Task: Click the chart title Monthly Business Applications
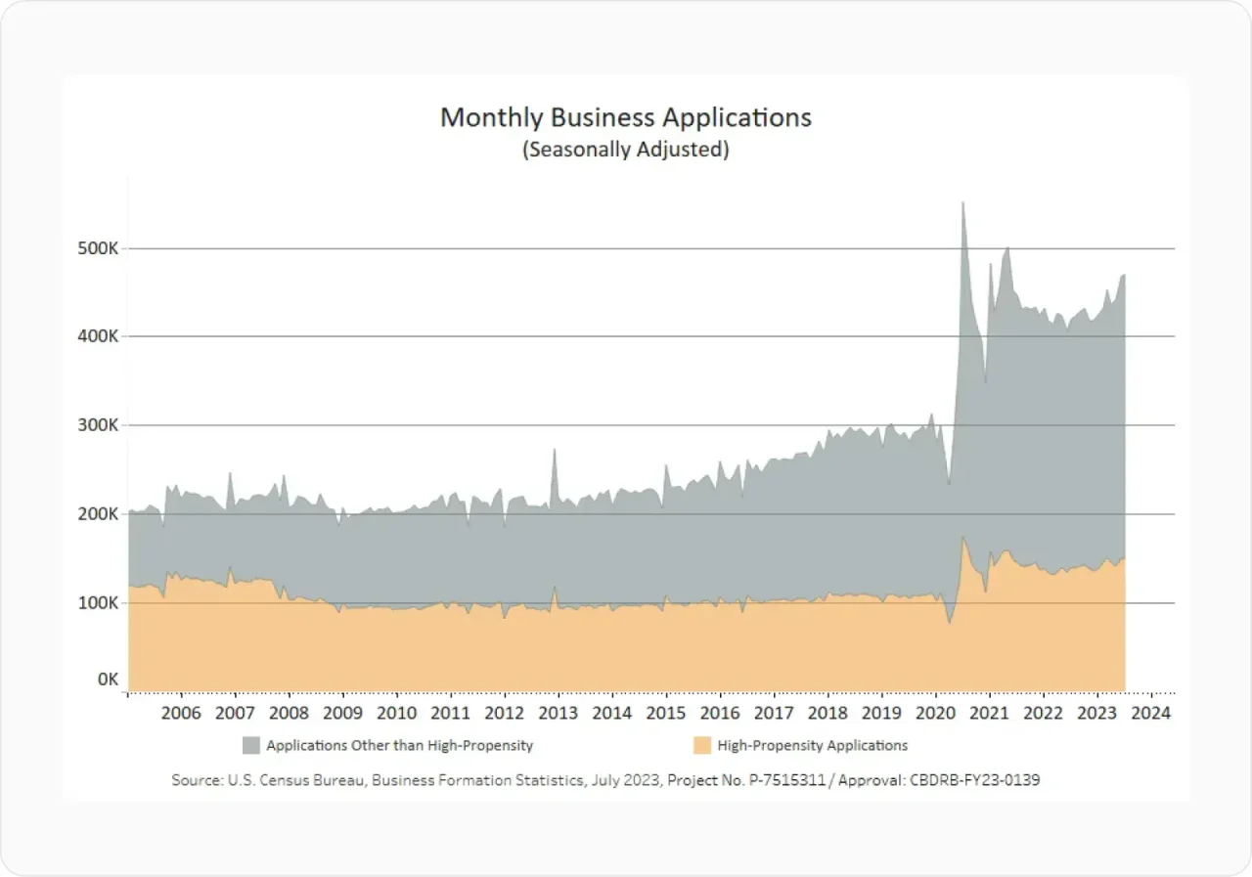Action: click(x=625, y=117)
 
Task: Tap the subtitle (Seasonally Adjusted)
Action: click(x=625, y=151)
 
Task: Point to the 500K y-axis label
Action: click(x=99, y=248)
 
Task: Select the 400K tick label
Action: click(x=99, y=336)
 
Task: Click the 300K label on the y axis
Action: click(x=99, y=425)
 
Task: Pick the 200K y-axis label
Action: click(x=99, y=514)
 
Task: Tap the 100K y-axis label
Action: click(x=99, y=603)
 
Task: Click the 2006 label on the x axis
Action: click(x=181, y=713)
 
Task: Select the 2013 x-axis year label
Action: click(x=558, y=713)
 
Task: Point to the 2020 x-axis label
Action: click(x=935, y=713)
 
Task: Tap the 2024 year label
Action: click(x=1150, y=713)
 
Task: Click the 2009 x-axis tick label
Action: click(x=342, y=713)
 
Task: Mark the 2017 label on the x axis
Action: click(x=774, y=713)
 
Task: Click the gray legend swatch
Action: click(x=251, y=746)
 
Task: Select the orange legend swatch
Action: click(x=701, y=746)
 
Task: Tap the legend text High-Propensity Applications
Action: click(x=812, y=746)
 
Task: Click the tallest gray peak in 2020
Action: click(x=962, y=205)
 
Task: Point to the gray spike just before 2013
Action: click(x=555, y=452)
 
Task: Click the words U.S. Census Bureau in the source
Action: click(x=280, y=780)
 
